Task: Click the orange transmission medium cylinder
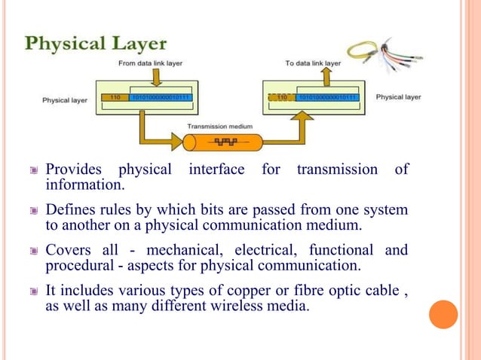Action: coord(223,141)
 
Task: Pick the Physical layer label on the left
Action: coord(64,98)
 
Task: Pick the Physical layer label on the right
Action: coord(398,97)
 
